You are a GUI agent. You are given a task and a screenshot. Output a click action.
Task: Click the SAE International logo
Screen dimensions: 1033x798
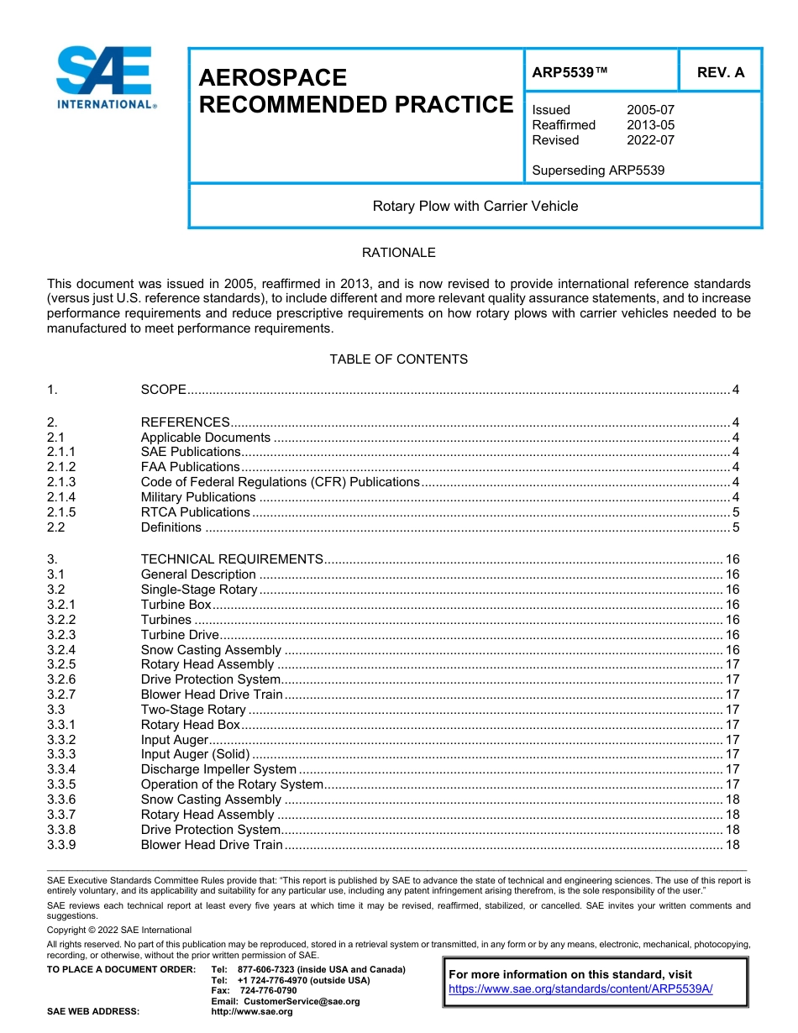pos(105,77)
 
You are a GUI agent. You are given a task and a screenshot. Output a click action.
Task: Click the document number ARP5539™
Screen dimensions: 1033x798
pos(570,72)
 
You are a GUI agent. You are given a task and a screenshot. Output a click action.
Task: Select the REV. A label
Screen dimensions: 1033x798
pos(720,72)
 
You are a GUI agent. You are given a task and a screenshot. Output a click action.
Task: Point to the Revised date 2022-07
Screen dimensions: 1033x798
pos(650,140)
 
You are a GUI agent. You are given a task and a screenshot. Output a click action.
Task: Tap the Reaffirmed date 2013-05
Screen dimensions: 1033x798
pos(650,125)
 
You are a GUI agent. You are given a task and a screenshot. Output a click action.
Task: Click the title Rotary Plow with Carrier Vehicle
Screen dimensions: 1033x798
pos(475,206)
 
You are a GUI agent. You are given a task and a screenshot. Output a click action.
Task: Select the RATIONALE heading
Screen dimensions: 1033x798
pos(398,253)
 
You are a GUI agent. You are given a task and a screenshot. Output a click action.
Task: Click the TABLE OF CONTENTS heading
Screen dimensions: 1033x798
pos(398,359)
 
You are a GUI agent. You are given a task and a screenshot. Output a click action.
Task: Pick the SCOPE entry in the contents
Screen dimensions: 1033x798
pos(163,391)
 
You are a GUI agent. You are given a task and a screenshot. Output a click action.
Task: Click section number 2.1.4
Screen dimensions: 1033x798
pos(61,497)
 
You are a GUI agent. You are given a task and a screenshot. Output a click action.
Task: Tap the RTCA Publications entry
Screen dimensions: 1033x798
pos(195,512)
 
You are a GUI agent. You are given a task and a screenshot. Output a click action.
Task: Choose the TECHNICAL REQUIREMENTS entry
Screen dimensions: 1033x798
pos(232,559)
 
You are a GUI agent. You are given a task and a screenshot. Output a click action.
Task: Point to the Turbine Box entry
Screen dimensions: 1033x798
pos(176,605)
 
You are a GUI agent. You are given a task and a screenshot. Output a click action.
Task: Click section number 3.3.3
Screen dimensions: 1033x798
pos(61,754)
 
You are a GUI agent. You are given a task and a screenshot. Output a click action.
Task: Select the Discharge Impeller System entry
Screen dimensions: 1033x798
pos(218,769)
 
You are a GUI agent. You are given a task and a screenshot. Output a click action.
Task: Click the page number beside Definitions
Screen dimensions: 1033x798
pos(735,527)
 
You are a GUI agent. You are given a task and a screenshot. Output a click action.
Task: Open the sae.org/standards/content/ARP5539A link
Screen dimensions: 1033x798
pos(580,989)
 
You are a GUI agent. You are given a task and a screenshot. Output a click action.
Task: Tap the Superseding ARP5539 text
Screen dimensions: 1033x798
pos(597,170)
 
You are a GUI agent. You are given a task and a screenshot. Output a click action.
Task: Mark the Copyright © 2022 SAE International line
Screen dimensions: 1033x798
pos(119,930)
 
